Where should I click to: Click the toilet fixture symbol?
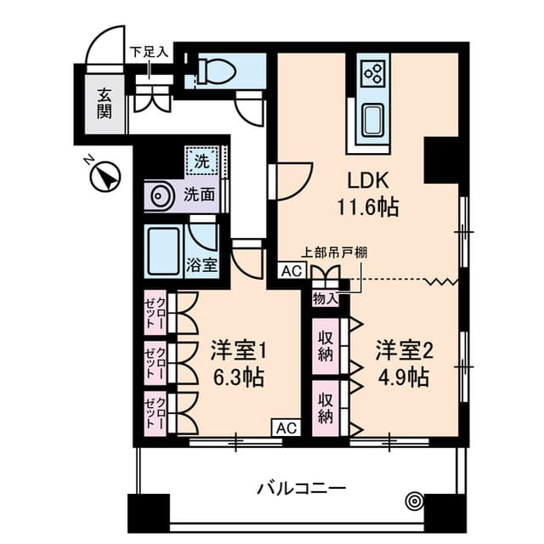[216, 71]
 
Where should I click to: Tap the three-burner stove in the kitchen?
[373, 74]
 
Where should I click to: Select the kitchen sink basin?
[372, 120]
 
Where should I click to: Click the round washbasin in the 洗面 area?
[161, 195]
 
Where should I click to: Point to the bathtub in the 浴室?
[163, 251]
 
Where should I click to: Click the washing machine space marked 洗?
[202, 161]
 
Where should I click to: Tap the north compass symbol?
[105, 175]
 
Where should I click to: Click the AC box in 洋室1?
[286, 428]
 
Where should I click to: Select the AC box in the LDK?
[292, 271]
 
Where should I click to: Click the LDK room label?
[368, 180]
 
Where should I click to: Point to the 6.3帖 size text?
[239, 377]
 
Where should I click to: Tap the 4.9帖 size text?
[403, 377]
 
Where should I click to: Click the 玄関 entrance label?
[104, 104]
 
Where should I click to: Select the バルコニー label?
[301, 489]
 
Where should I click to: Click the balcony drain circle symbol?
[414, 501]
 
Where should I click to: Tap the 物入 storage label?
[325, 298]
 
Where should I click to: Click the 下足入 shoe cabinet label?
[150, 52]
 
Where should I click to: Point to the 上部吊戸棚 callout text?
[334, 252]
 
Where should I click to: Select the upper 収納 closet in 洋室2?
[326, 346]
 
